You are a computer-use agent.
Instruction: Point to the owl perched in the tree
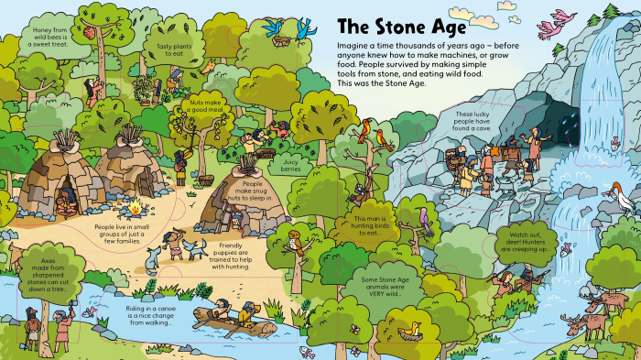point(293,240)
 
